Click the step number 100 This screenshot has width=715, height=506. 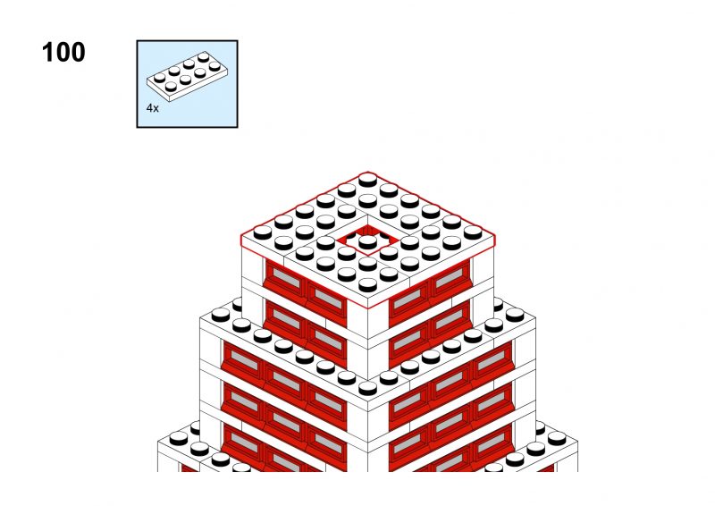tap(63, 52)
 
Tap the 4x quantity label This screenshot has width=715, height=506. tap(152, 108)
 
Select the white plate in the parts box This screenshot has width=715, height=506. tap(187, 76)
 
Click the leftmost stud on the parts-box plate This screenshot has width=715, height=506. tap(159, 78)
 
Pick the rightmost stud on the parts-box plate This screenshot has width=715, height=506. tap(214, 65)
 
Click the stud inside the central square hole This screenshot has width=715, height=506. tap(367, 240)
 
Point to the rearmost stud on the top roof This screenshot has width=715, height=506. tap(367, 180)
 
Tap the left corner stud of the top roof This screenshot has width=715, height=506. tap(262, 232)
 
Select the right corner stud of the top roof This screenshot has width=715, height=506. tap(473, 232)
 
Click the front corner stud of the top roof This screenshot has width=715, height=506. tap(367, 284)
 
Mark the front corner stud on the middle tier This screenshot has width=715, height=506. tap(367, 388)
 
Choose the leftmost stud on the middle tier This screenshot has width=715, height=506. tap(220, 315)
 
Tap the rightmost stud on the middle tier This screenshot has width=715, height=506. tap(515, 315)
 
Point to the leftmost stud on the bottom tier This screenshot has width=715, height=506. tap(178, 438)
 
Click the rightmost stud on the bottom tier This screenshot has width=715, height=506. tap(556, 438)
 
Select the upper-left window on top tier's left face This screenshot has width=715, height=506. tap(285, 276)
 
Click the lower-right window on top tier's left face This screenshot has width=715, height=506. tap(327, 339)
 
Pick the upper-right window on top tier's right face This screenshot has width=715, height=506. tap(450, 276)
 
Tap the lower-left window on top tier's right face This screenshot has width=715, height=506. tap(408, 339)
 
